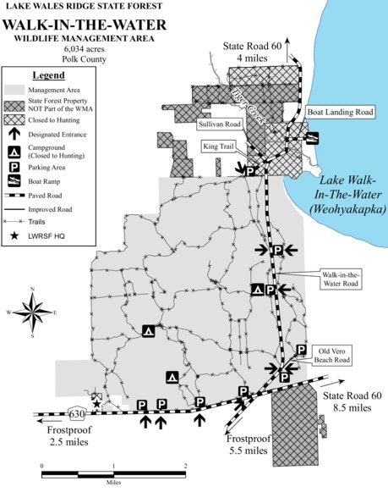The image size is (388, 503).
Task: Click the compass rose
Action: click(32, 314)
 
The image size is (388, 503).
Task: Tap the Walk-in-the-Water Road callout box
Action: click(340, 279)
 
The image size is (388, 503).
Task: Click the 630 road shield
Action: click(78, 413)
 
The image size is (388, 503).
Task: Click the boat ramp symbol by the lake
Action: click(312, 138)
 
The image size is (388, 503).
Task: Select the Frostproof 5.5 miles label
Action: click(248, 445)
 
